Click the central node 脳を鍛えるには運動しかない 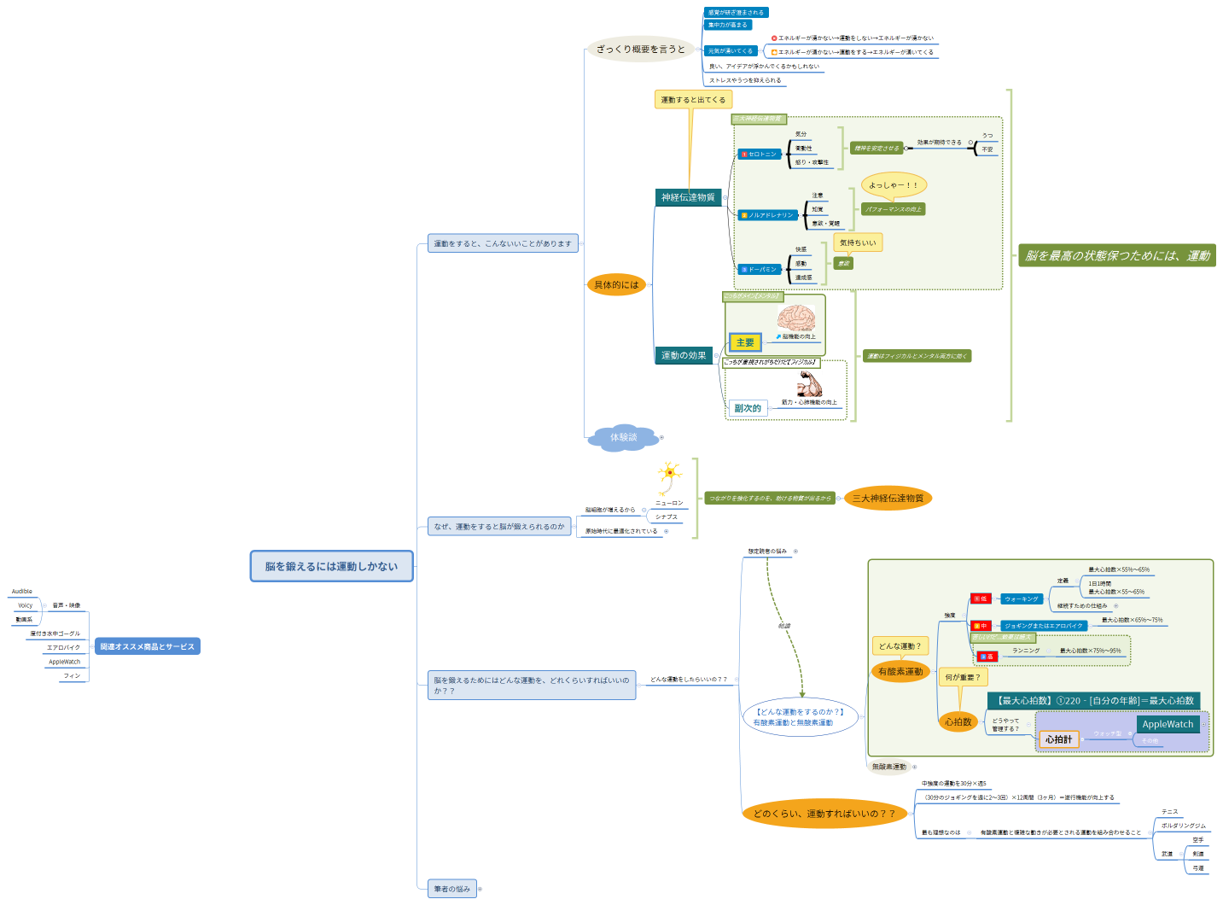click(331, 566)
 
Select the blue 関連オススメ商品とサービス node click(147, 646)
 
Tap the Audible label click(22, 591)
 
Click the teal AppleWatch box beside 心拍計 click(1168, 724)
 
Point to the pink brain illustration click(795, 319)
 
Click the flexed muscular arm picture click(809, 385)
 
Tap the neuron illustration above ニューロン click(669, 476)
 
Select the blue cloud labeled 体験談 click(624, 437)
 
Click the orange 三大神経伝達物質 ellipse click(888, 498)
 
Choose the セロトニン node click(760, 154)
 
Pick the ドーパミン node click(760, 269)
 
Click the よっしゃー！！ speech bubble click(893, 184)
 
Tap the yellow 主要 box click(745, 342)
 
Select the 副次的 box click(748, 408)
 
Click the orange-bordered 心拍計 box click(1058, 739)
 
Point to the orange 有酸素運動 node click(900, 672)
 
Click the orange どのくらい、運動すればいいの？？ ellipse click(824, 814)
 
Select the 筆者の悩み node click(451, 889)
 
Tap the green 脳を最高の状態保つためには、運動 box click(1117, 255)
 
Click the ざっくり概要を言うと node click(640, 50)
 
